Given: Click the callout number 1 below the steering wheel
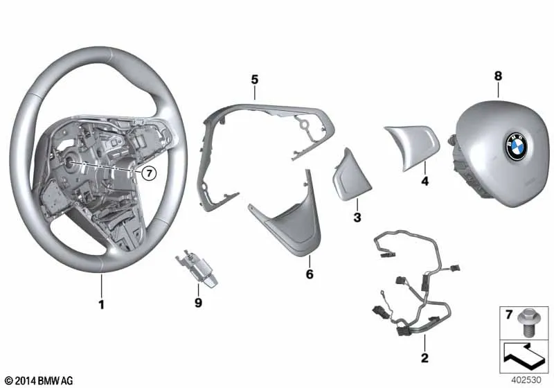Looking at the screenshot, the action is [101, 304].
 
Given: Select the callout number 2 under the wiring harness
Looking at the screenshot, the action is [425, 358].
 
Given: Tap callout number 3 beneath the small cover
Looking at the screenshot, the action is [357, 218].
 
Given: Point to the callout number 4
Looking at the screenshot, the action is [425, 182].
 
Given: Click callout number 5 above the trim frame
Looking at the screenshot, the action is [255, 80].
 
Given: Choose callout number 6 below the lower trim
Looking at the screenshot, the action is [310, 274].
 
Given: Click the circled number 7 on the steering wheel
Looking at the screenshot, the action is [149, 173].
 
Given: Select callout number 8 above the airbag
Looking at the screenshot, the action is [498, 76].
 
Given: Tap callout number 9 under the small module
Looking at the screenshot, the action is [198, 303].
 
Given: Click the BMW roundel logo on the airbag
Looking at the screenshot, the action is [517, 146].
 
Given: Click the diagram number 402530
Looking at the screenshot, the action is [526, 380].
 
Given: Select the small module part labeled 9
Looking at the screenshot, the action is [197, 268].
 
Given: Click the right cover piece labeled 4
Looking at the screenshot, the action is [412, 148].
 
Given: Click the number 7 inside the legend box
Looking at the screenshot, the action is [509, 314].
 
